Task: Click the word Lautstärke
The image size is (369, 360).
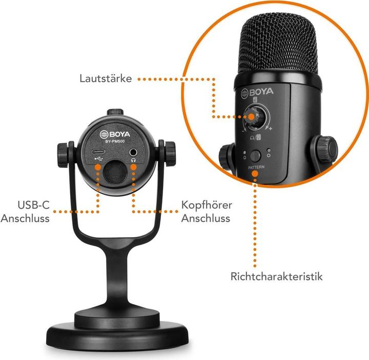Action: (x=106, y=79)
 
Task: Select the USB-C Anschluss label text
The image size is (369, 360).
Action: (x=25, y=212)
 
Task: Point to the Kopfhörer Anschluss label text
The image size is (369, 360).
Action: (x=207, y=212)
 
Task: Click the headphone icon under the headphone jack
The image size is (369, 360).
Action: (x=133, y=160)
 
